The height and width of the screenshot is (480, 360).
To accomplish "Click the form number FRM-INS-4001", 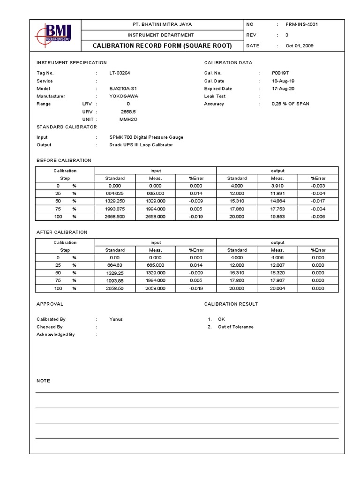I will point(301,24).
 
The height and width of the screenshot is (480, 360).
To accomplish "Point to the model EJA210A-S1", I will point(123,89).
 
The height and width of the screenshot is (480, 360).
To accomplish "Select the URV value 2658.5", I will point(128,112).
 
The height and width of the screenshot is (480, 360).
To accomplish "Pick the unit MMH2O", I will point(128,120).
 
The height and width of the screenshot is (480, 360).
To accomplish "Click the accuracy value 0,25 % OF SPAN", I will point(290,104).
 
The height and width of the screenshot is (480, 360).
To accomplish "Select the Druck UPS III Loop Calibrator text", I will point(141,145).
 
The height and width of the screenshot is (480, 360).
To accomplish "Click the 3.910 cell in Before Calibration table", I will point(277,186).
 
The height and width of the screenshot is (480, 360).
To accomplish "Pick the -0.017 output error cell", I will point(318,201).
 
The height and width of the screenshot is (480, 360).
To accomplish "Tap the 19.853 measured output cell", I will point(277,217).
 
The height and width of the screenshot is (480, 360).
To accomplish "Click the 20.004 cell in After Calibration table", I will point(277,288).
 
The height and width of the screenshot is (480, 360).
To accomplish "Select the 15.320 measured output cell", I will point(277,273).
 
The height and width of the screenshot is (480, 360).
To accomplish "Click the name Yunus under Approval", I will point(116,319).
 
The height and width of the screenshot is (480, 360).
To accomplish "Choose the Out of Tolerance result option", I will point(235,327).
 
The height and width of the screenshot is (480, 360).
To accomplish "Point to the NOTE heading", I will point(44,381).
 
